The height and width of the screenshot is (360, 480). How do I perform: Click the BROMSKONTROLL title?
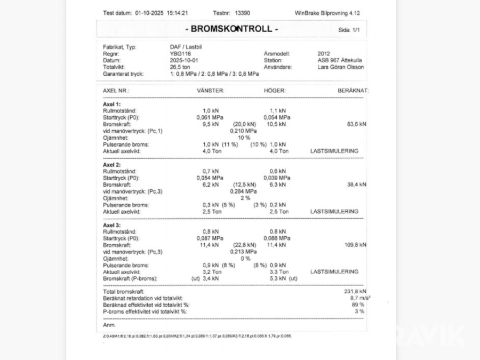pos(231,29)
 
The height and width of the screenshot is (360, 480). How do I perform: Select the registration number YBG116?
pos(180,54)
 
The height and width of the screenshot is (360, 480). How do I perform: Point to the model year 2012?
pos(324,54)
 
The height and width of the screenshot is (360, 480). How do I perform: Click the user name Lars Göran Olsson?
pos(341,67)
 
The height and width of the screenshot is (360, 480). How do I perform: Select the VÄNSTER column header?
pos(210,91)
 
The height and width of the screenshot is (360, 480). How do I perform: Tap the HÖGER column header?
pos(275,91)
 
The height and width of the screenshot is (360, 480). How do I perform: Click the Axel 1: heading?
pos(111,105)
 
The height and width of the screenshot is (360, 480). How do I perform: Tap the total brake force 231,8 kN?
pos(354,292)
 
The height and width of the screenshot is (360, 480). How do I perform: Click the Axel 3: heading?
pos(111,225)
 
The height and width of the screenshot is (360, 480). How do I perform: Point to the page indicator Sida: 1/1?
pos(349,30)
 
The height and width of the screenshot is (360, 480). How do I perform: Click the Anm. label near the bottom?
pos(109,324)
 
